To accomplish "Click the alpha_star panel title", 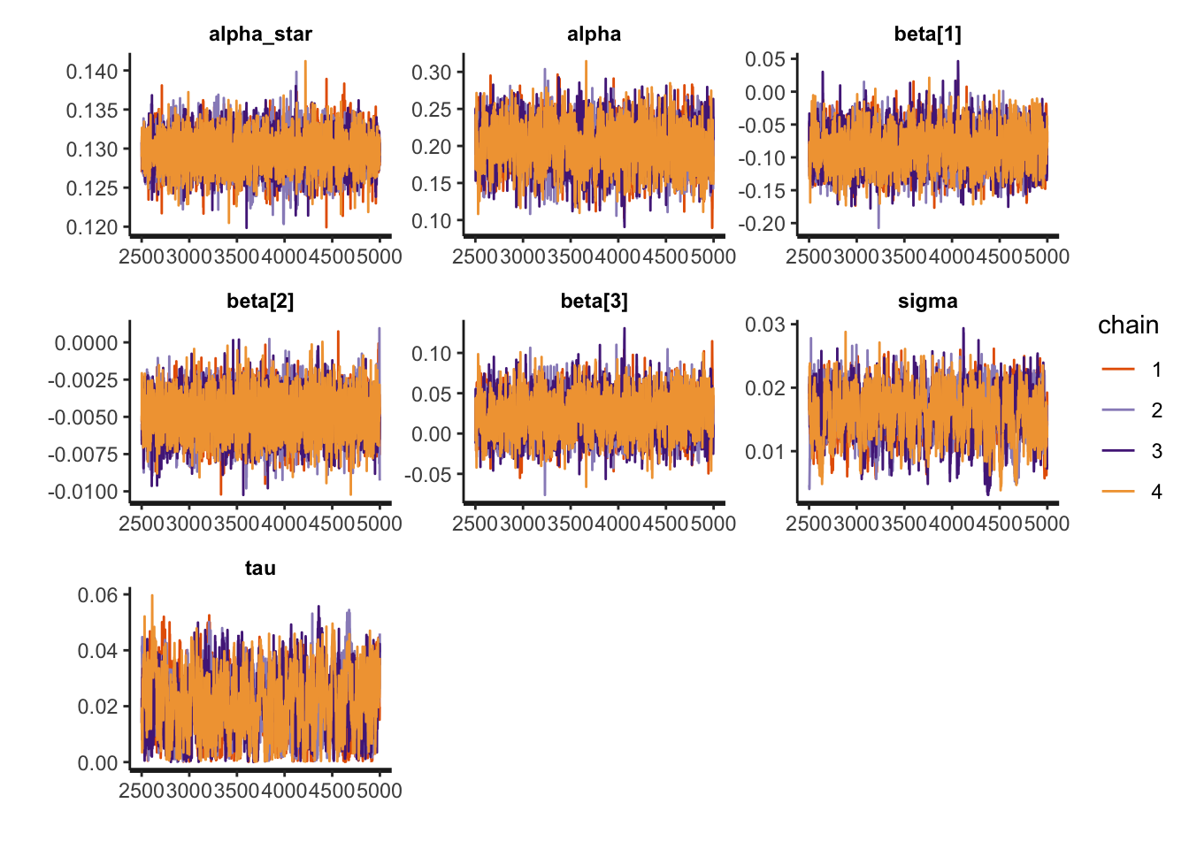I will (x=260, y=34).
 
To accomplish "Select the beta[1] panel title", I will (x=927, y=34).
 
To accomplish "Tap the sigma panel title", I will (x=927, y=302).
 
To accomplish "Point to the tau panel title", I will (x=260, y=569).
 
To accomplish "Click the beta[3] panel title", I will (x=594, y=302).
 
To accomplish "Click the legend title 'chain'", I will (x=1128, y=325).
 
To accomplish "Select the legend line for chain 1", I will (x=1118, y=370).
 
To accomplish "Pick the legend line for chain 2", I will (x=1118, y=410).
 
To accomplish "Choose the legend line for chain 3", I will (x=1118, y=451).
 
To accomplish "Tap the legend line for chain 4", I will (x=1118, y=492).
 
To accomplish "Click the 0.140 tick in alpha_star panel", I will (x=92, y=72).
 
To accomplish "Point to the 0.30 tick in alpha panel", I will (x=432, y=73).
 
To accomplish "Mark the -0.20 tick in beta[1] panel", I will (x=762, y=224).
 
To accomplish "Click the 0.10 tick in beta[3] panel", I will (x=432, y=354).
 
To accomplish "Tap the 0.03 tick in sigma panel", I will (x=765, y=325).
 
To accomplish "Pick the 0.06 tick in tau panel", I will (x=97, y=595).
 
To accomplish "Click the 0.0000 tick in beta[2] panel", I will (x=86, y=343).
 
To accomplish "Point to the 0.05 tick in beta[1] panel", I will (x=765, y=59).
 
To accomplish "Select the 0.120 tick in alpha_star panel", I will (x=92, y=227).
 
